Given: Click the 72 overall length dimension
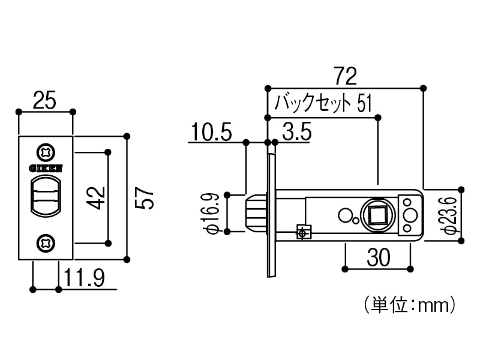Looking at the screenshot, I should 345,76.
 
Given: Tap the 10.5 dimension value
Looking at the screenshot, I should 212,132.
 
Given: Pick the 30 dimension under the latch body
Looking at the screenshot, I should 377,257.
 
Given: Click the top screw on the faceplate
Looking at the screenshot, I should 46,152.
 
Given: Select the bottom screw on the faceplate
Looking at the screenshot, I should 46,243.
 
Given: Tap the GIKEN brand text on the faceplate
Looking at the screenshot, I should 46,169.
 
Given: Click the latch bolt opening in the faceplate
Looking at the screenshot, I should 46,196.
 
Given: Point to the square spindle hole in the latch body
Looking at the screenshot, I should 377,214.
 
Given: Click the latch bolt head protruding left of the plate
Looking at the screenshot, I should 254,212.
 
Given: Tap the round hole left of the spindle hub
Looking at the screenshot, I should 345,214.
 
